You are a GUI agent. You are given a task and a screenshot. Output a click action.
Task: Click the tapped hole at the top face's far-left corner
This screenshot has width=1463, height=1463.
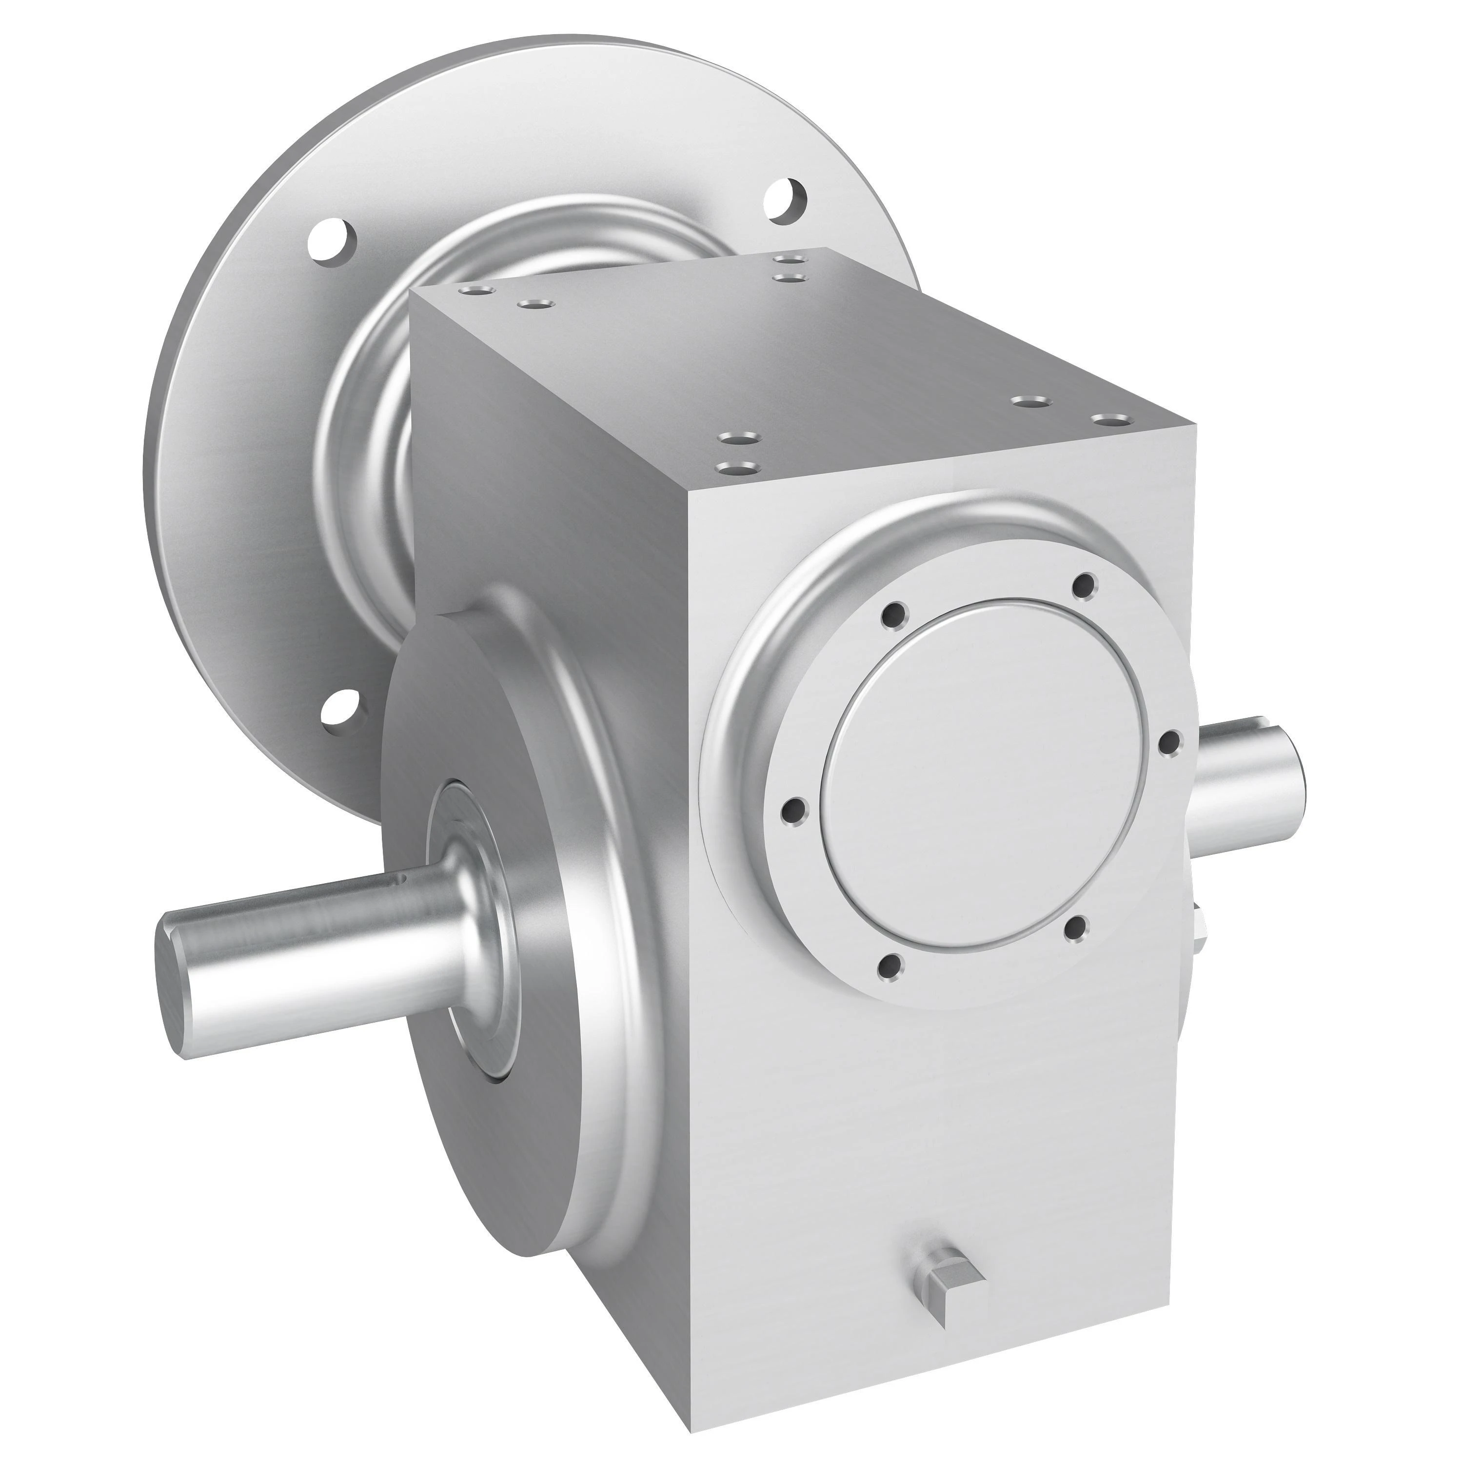pyautogui.click(x=478, y=290)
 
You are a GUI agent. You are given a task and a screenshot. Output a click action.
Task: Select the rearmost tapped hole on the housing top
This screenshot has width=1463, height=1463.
pyautogui.click(x=791, y=260)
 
